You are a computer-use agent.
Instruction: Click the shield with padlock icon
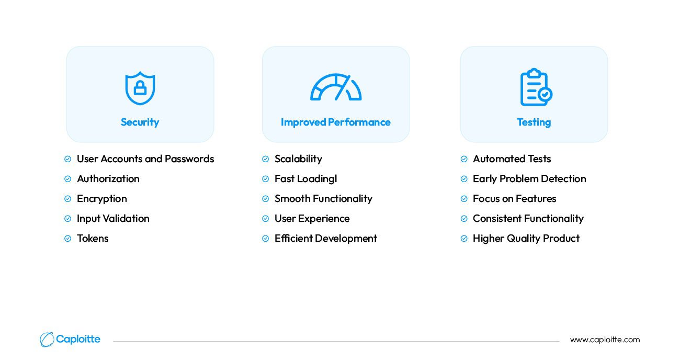click(x=140, y=88)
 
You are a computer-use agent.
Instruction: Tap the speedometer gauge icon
click(x=336, y=87)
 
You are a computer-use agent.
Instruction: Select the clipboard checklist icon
click(x=536, y=87)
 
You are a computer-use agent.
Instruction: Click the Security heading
click(x=140, y=122)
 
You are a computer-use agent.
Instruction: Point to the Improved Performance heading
click(x=335, y=122)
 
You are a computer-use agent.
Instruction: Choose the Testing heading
click(x=534, y=122)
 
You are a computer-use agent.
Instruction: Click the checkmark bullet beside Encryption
click(x=67, y=199)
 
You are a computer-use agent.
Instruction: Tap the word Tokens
click(x=93, y=239)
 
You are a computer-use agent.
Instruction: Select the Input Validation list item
click(x=113, y=219)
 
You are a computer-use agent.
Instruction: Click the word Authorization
click(x=108, y=178)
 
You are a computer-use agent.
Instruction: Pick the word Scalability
click(x=298, y=159)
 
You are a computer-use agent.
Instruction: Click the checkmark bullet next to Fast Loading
click(x=265, y=179)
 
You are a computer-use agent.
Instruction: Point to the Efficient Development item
click(x=326, y=239)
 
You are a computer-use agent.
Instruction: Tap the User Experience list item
click(x=312, y=219)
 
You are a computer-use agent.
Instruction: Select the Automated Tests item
click(x=512, y=159)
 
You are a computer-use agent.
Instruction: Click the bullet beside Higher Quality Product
click(x=464, y=239)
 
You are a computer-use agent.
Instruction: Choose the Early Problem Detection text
click(x=529, y=179)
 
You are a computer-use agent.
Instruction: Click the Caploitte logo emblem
click(x=47, y=340)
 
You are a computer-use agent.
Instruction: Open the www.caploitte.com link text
click(x=605, y=340)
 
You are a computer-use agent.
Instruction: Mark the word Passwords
click(x=189, y=159)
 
